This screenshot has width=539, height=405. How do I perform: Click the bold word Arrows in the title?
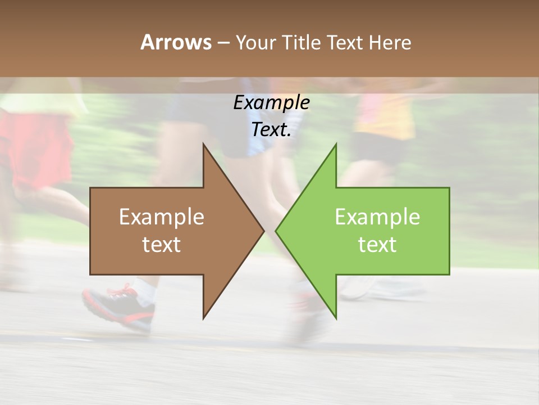[x=176, y=42]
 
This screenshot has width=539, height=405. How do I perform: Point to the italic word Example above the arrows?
[x=271, y=103]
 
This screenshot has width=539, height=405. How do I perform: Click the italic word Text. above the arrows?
[x=271, y=130]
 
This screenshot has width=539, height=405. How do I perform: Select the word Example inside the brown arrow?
[x=162, y=217]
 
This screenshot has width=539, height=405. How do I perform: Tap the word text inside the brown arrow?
[x=162, y=245]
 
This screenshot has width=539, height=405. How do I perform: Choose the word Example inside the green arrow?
[x=377, y=217]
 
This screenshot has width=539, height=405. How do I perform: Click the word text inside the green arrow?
[x=377, y=245]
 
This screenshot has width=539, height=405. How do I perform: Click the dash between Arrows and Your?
[x=223, y=43]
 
